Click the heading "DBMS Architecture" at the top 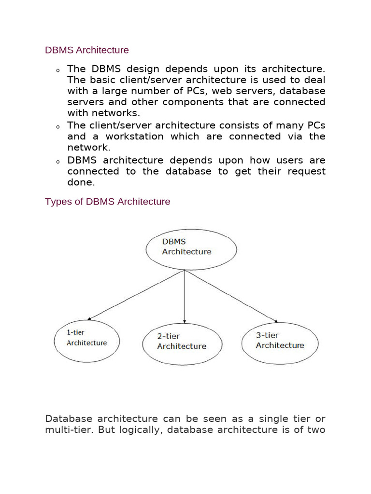pyautogui.click(x=87, y=50)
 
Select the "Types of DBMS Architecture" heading pyautogui.click(x=107, y=202)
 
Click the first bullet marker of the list pyautogui.click(x=57, y=71)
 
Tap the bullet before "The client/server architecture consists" pyautogui.click(x=57, y=127)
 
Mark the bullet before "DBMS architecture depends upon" pyautogui.click(x=57, y=161)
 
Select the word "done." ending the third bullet pyautogui.click(x=80, y=182)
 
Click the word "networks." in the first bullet pyautogui.click(x=119, y=113)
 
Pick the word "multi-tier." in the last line pyautogui.click(x=69, y=430)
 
